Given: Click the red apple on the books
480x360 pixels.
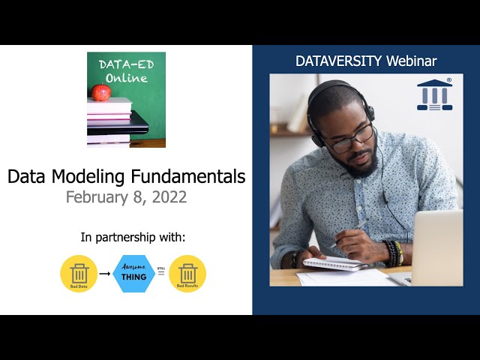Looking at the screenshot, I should [100, 92].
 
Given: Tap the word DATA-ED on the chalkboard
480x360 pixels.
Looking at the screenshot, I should [125, 64].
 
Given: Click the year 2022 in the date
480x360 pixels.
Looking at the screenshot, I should [169, 197].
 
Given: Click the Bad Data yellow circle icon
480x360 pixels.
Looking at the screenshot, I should [79, 274].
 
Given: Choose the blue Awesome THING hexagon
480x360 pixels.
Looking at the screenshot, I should [133, 274].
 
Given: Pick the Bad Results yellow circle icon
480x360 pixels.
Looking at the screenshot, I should [187, 274].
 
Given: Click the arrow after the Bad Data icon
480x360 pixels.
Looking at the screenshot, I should [105, 274].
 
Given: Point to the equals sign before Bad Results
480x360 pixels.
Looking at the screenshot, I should [161, 275].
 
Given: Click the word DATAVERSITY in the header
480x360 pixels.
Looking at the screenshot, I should [339, 61].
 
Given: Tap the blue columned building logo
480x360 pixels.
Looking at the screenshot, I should [435, 94].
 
